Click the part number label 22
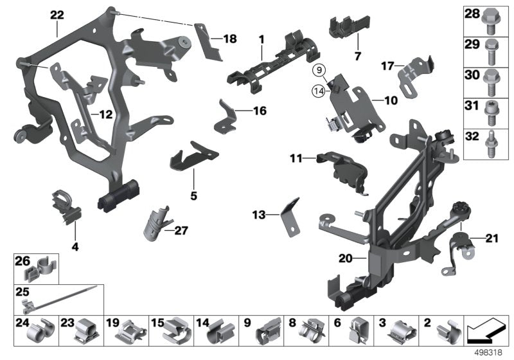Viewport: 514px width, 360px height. [x=57, y=14]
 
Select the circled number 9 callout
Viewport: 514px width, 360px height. [x=319, y=68]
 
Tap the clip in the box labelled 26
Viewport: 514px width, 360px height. [x=44, y=265]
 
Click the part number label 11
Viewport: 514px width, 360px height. [x=296, y=157]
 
